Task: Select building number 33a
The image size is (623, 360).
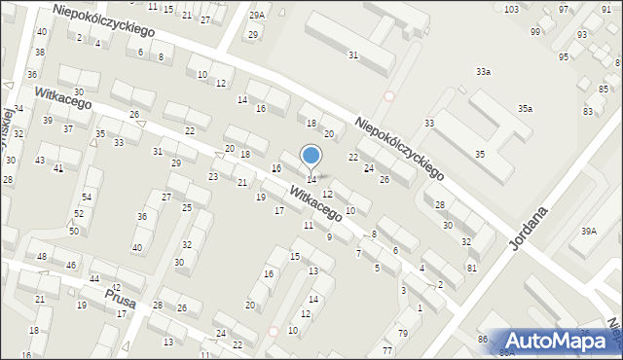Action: click(x=483, y=72)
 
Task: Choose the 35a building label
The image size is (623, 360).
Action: click(x=525, y=109)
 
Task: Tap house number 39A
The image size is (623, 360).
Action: click(x=588, y=231)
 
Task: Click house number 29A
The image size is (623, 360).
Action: click(x=257, y=16)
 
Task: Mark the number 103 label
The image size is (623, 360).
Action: click(x=511, y=9)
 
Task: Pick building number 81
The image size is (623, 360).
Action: click(x=472, y=268)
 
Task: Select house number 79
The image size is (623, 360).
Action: click(x=402, y=335)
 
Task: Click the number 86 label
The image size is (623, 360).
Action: click(x=482, y=339)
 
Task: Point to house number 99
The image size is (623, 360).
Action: click(x=535, y=31)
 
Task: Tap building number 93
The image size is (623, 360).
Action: click(x=581, y=35)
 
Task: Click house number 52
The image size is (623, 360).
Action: click(x=79, y=213)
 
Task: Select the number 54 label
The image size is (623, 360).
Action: click(x=87, y=198)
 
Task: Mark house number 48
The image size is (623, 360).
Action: click(x=42, y=256)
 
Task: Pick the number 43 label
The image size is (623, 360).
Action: click(x=40, y=160)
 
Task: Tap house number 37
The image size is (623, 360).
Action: click(x=68, y=128)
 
